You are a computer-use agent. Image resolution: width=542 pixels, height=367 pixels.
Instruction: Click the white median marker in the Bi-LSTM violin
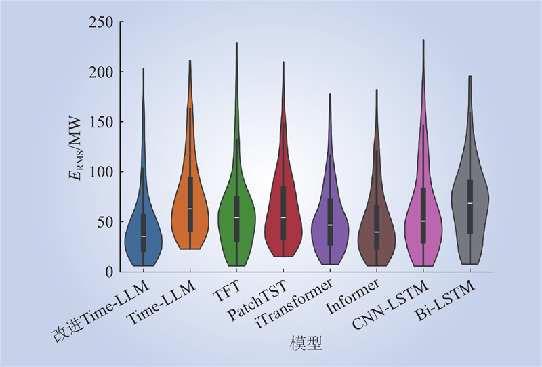470,203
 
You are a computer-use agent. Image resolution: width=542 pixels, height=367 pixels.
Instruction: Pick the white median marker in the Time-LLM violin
190,209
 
